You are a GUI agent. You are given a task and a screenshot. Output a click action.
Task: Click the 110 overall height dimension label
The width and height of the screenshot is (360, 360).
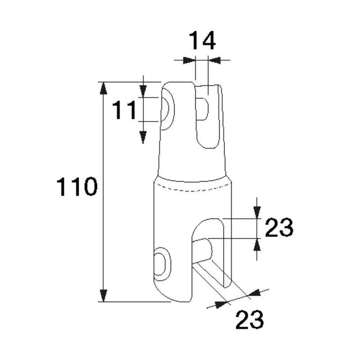coord(77,186)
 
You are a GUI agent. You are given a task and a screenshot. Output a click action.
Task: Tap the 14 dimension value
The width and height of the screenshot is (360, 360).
coord(202,40)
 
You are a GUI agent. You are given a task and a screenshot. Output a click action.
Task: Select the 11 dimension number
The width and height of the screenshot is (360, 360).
coord(124,110)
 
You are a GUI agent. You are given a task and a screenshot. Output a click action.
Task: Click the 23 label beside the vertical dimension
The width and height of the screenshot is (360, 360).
coord(279,227)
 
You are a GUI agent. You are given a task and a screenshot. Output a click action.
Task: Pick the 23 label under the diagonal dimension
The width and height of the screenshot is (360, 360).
coord(250,319)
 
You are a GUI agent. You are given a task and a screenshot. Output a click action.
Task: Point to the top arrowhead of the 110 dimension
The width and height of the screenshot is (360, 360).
coord(103,88)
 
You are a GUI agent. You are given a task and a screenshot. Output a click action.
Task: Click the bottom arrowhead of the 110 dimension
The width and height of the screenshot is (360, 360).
coord(103,296)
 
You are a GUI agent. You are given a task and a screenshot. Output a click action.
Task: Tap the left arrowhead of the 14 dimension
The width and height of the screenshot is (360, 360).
coord(189,60)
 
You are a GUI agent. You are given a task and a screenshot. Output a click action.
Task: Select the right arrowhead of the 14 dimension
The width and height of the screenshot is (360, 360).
coord(214,60)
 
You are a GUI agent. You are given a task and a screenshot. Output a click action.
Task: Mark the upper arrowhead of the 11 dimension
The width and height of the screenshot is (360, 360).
coord(143,91)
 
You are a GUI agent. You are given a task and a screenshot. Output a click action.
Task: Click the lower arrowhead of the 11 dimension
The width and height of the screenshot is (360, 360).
coord(143,137)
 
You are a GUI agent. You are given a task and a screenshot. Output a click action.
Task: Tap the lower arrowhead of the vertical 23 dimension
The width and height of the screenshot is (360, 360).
coord(257,244)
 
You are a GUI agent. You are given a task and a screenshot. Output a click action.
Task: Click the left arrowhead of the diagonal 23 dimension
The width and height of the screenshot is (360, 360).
coord(221,305)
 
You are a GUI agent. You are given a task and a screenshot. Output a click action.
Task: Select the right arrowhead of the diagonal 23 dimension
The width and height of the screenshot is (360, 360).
coord(254,293)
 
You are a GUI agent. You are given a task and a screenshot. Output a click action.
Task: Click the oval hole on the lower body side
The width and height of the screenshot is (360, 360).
coord(160,264)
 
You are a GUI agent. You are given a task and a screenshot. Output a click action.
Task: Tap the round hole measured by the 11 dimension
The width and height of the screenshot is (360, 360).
coord(165,109)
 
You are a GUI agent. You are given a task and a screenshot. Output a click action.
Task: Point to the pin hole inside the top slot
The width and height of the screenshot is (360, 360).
coord(202,109)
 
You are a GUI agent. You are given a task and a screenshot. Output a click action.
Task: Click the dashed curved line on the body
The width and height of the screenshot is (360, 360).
coord(193,189)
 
